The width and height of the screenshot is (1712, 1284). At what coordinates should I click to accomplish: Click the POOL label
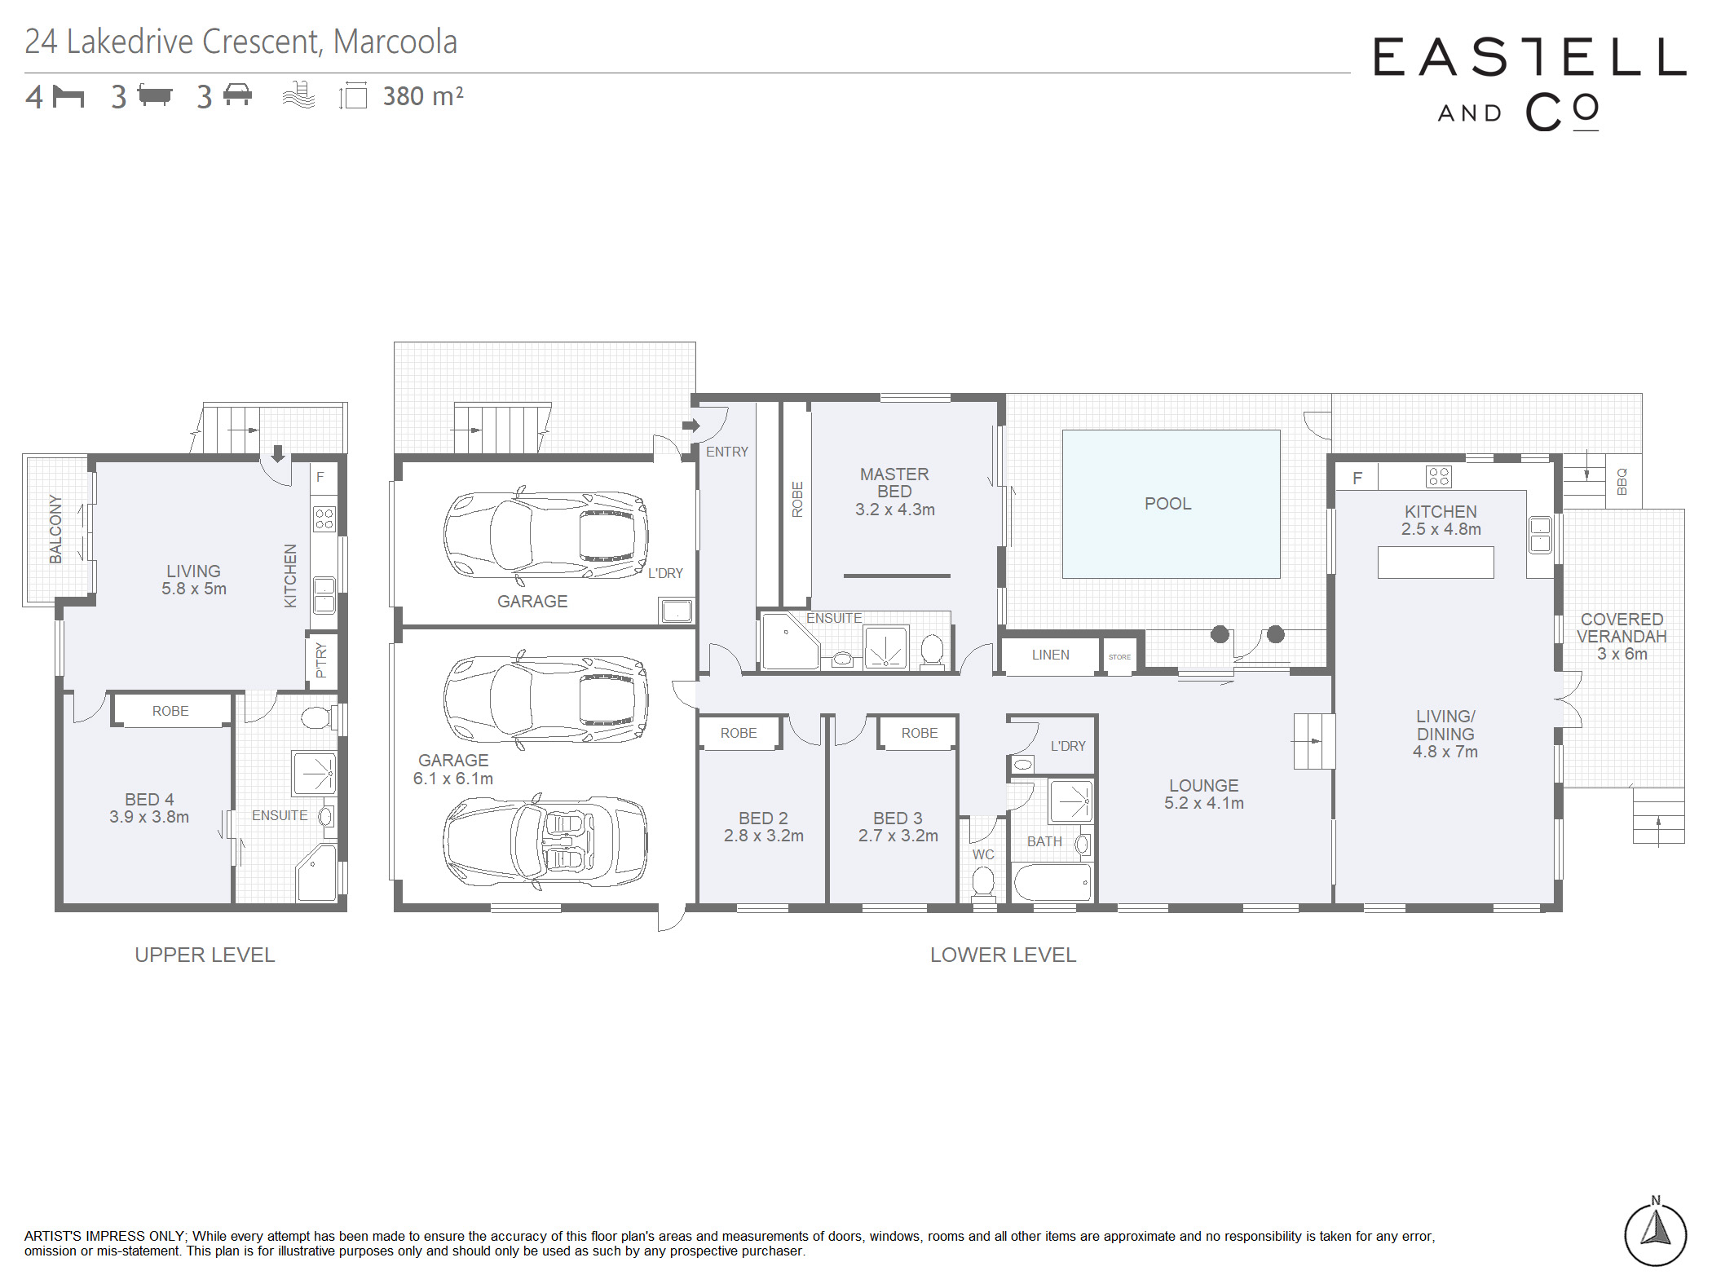[1167, 504]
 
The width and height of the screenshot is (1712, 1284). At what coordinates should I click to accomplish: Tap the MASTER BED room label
[894, 483]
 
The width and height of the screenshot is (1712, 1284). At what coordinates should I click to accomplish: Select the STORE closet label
[1119, 657]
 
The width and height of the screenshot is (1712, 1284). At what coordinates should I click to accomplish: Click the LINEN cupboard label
[1050, 655]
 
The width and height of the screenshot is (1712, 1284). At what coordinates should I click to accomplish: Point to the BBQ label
[1622, 481]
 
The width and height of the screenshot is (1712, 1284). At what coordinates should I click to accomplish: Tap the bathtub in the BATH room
[1052, 883]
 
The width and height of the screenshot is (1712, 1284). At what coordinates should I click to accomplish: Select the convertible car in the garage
[545, 841]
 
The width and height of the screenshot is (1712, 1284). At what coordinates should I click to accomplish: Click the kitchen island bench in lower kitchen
[1436, 563]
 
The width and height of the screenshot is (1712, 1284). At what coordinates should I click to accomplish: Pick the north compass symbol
[1655, 1233]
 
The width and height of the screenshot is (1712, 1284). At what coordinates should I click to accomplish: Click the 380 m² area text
[423, 96]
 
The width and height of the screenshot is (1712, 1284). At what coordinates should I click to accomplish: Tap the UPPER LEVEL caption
[205, 955]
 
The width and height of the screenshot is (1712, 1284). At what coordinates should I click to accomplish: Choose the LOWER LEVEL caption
[1003, 955]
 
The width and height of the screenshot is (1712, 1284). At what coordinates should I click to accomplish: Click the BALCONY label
[55, 529]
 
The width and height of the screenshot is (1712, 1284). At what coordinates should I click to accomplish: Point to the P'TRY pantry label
[321, 660]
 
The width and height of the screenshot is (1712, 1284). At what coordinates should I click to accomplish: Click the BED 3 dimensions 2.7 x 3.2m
[898, 836]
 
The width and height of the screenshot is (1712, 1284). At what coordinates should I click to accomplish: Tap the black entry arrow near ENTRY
[691, 425]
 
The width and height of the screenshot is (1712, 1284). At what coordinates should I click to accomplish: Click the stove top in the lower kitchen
[1439, 476]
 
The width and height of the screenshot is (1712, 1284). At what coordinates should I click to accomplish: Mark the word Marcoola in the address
[395, 42]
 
